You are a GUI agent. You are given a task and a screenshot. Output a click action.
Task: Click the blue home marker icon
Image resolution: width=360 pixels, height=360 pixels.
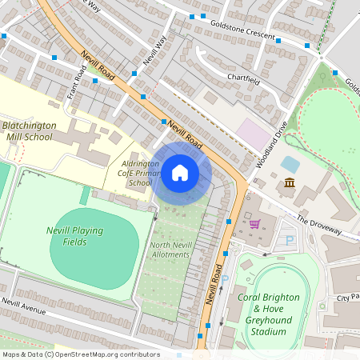click(180, 173)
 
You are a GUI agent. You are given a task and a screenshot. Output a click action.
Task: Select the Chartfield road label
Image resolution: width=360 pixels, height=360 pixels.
click(243, 78)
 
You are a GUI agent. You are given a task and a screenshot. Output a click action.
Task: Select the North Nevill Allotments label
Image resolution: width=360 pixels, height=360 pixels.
click(170, 250)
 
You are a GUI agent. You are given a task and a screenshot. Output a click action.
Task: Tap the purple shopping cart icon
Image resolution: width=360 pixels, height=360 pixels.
click(255, 223)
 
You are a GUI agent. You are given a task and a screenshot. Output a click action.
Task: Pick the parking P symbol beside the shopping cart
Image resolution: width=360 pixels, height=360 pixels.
click(290, 240)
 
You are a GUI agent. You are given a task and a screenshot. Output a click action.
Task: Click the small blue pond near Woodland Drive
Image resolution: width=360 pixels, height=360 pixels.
click(290, 165)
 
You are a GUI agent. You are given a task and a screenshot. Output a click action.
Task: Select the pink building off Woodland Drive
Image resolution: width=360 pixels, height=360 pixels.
click(254, 133)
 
